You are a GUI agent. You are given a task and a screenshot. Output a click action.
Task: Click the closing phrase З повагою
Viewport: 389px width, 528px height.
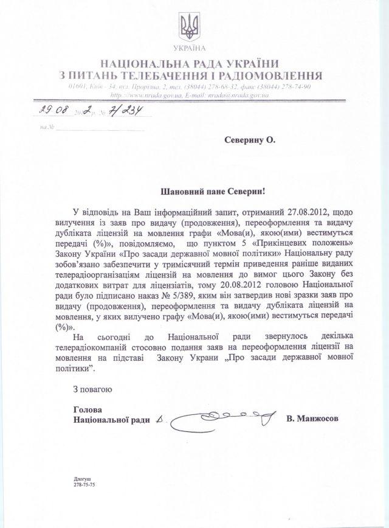tap(92, 387)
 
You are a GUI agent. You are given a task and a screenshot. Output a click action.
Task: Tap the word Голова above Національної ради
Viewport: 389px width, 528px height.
tap(84, 409)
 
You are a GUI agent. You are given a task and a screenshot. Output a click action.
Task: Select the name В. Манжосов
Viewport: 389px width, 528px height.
tap(314, 420)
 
